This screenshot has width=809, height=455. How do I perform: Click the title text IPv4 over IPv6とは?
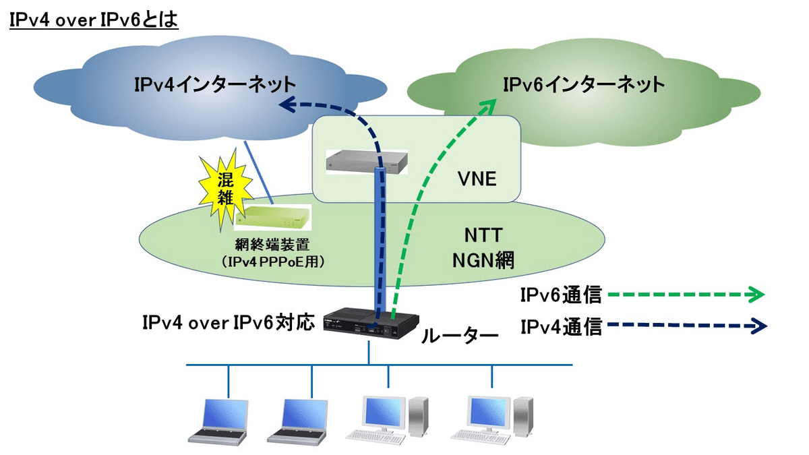(x=92, y=20)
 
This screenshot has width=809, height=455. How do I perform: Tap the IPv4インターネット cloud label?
(x=214, y=85)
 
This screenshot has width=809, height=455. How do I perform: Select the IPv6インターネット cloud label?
(x=584, y=85)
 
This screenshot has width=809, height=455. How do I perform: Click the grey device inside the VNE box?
(x=366, y=162)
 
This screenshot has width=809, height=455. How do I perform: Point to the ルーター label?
(x=458, y=334)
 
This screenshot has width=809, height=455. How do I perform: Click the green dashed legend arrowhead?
(x=757, y=295)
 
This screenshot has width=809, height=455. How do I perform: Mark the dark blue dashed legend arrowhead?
(x=758, y=326)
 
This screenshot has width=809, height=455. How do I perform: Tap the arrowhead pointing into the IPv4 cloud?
(x=288, y=104)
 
